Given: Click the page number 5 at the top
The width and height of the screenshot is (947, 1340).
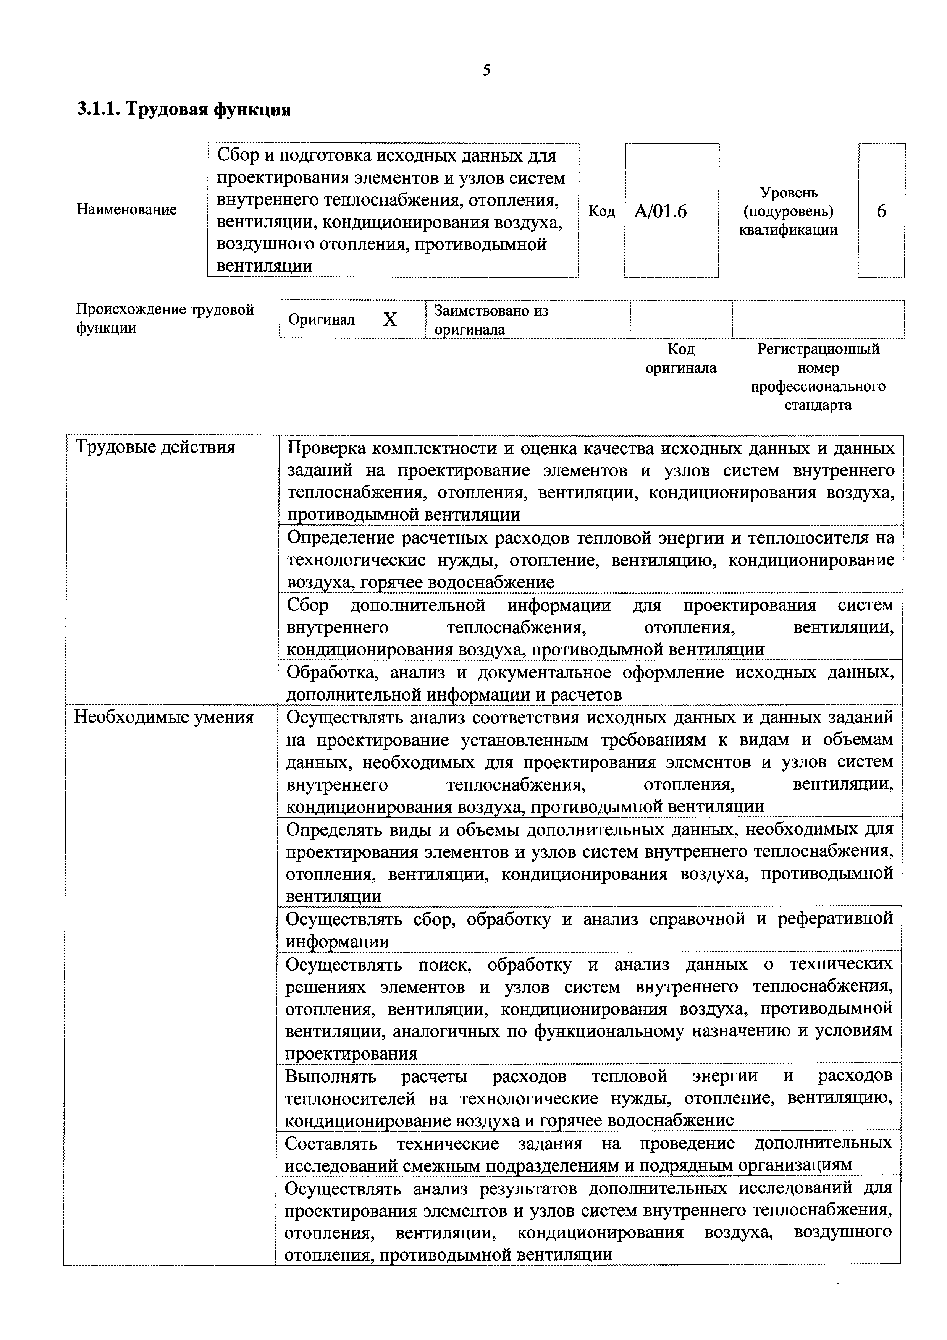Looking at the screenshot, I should pos(486,71).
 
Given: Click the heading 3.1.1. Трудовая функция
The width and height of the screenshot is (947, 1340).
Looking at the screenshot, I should pos(184,109).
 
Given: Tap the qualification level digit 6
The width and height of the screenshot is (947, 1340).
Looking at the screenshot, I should pos(881,211).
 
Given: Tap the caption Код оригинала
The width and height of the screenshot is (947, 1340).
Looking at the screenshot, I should pos(680,358).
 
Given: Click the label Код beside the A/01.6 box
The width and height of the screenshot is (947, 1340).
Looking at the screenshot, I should pos(601,211).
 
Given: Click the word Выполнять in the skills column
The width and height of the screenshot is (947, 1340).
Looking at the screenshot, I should pos(330,1076).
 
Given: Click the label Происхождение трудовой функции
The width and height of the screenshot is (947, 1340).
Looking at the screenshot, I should pos(165,318).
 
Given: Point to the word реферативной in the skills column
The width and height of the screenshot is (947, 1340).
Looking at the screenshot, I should pos(834,919).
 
